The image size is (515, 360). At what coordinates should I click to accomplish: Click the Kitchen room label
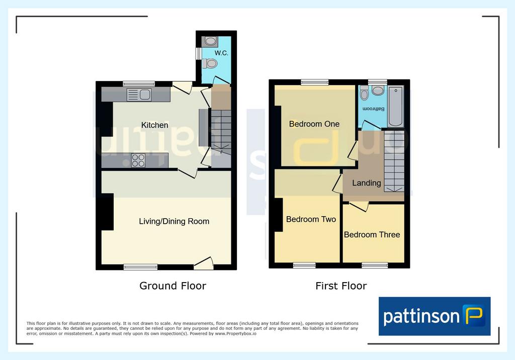pyautogui.click(x=154, y=125)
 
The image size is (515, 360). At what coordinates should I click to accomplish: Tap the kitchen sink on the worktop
pyautogui.click(x=139, y=95)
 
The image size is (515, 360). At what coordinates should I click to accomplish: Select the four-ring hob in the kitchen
pyautogui.click(x=138, y=160)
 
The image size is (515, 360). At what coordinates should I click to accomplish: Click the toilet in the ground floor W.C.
pyautogui.click(x=209, y=63)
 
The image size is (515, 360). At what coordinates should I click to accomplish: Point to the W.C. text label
pyautogui.click(x=221, y=53)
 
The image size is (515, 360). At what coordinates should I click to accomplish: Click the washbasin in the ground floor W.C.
pyautogui.click(x=210, y=41)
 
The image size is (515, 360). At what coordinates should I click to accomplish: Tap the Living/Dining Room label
pyautogui.click(x=174, y=221)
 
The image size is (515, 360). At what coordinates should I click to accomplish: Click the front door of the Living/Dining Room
pyautogui.click(x=204, y=263)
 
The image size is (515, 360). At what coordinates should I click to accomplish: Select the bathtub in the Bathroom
pyautogui.click(x=395, y=107)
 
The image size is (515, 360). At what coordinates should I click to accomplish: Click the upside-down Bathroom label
pyautogui.click(x=374, y=109)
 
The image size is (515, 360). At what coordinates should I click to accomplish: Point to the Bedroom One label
pyautogui.click(x=314, y=124)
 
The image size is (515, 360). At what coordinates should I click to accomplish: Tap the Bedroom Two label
pyautogui.click(x=311, y=219)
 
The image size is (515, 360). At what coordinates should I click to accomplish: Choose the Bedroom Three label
pyautogui.click(x=372, y=234)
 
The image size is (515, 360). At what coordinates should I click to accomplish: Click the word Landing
pyautogui.click(x=367, y=183)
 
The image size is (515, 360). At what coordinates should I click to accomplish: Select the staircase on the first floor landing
pyautogui.click(x=394, y=161)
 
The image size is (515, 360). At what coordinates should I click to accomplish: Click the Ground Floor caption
pyautogui.click(x=173, y=286)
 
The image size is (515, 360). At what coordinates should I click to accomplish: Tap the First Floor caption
pyautogui.click(x=341, y=286)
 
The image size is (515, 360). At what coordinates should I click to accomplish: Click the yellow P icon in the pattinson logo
pyautogui.click(x=473, y=315)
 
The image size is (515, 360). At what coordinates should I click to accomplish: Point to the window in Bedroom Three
pyautogui.click(x=375, y=265)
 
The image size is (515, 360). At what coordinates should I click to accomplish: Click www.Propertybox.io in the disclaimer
pyautogui.click(x=235, y=334)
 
